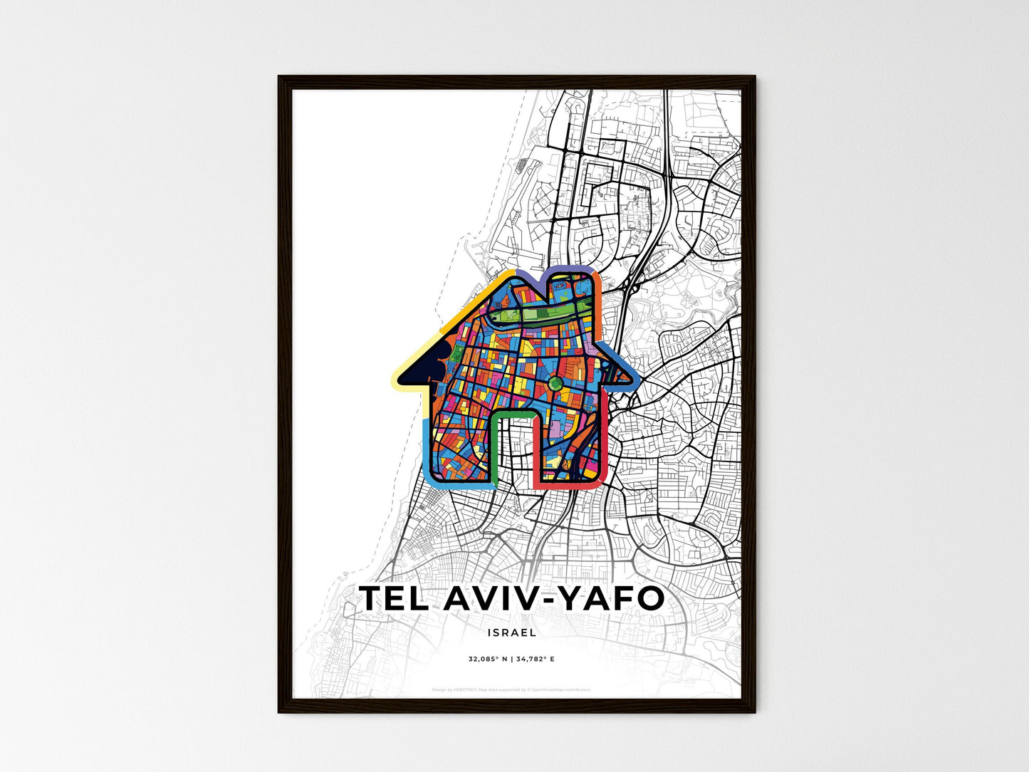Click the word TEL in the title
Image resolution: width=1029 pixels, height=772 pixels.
coord(394,599)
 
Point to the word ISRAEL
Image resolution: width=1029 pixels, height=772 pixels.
coord(513,632)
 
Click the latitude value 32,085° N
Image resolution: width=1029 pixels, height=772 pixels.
coord(488,659)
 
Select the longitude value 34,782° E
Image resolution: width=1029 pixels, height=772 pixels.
coord(536,659)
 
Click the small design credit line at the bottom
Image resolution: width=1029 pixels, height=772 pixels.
coord(511,689)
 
